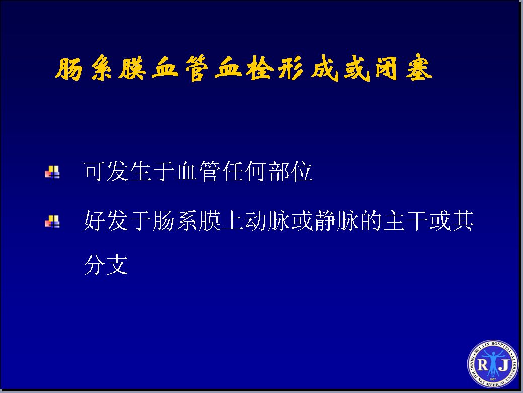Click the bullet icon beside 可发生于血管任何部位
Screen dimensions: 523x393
[52, 172]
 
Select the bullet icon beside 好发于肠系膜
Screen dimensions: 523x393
[52, 222]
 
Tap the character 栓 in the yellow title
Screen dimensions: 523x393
[260, 69]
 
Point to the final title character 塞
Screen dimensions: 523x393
[419, 69]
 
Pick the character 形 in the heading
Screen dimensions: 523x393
[291, 69]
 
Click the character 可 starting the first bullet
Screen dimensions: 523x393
[94, 171]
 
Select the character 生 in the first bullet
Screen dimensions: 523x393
[139, 171]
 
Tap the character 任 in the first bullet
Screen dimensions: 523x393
[232, 171]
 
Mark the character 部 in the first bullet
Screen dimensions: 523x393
[278, 171]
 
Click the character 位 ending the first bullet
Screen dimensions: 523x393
[302, 171]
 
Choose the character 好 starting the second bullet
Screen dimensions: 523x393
[94, 221]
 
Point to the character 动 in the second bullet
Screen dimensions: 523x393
[255, 221]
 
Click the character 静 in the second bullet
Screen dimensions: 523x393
[325, 221]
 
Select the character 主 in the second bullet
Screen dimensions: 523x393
[394, 221]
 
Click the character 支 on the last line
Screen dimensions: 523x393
[117, 265]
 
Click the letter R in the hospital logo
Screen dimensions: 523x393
[483, 365]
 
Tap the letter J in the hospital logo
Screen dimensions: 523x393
[504, 365]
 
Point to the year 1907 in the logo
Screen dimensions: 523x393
[493, 379]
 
